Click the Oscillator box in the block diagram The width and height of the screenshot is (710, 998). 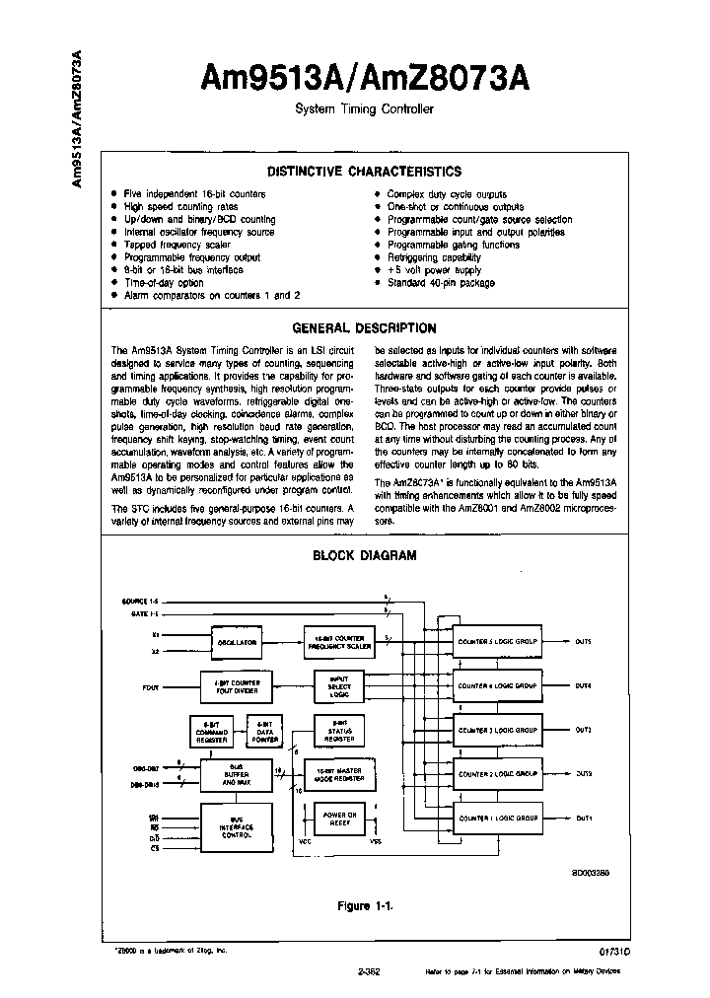tap(237, 642)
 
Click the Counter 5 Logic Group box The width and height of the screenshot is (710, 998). tap(498, 642)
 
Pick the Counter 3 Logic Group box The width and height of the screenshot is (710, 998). tap(498, 730)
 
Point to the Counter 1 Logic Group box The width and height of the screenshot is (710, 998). tap(498, 818)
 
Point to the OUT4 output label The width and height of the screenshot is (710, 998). tap(584, 685)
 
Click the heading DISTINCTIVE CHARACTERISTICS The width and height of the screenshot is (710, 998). tap(365, 171)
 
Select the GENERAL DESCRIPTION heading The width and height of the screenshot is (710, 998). tap(365, 328)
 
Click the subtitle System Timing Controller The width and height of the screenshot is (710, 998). tap(365, 108)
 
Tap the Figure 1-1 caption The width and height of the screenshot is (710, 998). tap(365, 905)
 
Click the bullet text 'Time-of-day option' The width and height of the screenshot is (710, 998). tap(164, 282)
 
